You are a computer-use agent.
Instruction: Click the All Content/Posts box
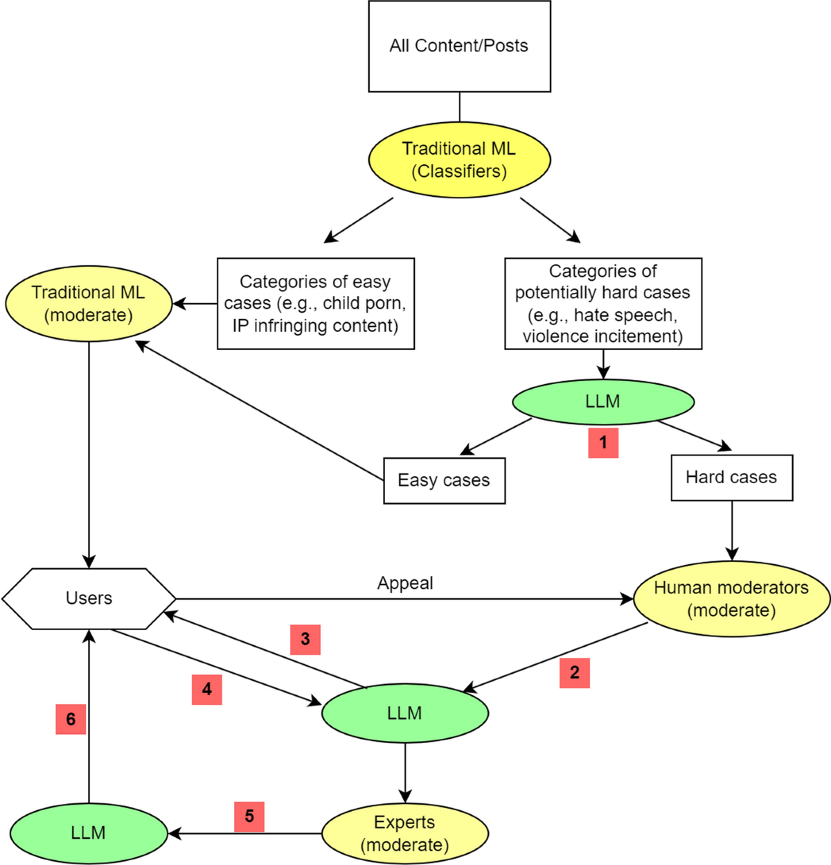pos(459,46)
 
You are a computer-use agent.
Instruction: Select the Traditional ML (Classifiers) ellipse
pos(459,160)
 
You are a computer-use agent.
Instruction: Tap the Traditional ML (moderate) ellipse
pos(89,304)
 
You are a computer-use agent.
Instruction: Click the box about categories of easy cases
pos(316,304)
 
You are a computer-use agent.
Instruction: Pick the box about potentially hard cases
pos(603,304)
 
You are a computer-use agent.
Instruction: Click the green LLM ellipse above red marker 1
pos(603,401)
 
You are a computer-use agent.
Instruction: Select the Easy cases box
pos(444,480)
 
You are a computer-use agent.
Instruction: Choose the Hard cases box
pos(731,478)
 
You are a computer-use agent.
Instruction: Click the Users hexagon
pos(89,599)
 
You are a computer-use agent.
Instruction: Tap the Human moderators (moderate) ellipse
pos(731,599)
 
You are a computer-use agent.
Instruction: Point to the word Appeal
pos(405,584)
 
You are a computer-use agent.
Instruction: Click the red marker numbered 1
pos(603,443)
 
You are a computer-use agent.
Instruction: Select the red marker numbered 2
pos(575,673)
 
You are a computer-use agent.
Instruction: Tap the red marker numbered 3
pos(305,639)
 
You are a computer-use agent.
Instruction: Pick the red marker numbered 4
pos(207,690)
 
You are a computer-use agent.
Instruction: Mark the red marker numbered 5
pos(249,816)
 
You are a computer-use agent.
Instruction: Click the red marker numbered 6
pos(71,719)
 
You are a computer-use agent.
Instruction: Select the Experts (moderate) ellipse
pos(405,833)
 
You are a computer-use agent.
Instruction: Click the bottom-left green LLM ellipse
pos(89,833)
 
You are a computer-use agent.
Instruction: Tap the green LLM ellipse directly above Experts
pos(405,713)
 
